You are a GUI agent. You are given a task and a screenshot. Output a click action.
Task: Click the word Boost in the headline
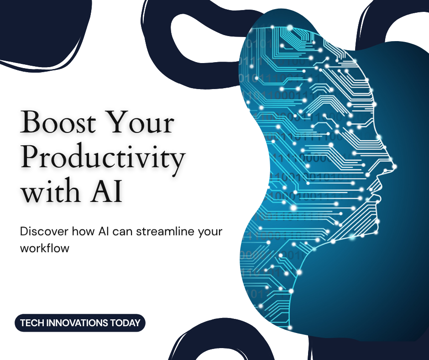(x=58, y=122)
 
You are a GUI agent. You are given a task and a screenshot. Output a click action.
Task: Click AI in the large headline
(x=106, y=191)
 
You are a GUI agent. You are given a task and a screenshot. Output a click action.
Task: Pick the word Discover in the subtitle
(x=44, y=232)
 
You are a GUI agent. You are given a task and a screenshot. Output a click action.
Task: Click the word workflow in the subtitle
(x=45, y=248)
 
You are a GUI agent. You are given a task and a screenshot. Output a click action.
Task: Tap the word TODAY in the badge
(x=126, y=323)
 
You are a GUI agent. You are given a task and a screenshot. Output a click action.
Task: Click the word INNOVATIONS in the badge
(x=77, y=323)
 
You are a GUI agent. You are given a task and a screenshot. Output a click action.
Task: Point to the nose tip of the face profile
(x=394, y=166)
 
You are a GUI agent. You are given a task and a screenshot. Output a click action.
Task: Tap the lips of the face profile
(x=379, y=189)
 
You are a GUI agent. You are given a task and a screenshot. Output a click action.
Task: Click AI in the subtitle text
(x=104, y=232)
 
